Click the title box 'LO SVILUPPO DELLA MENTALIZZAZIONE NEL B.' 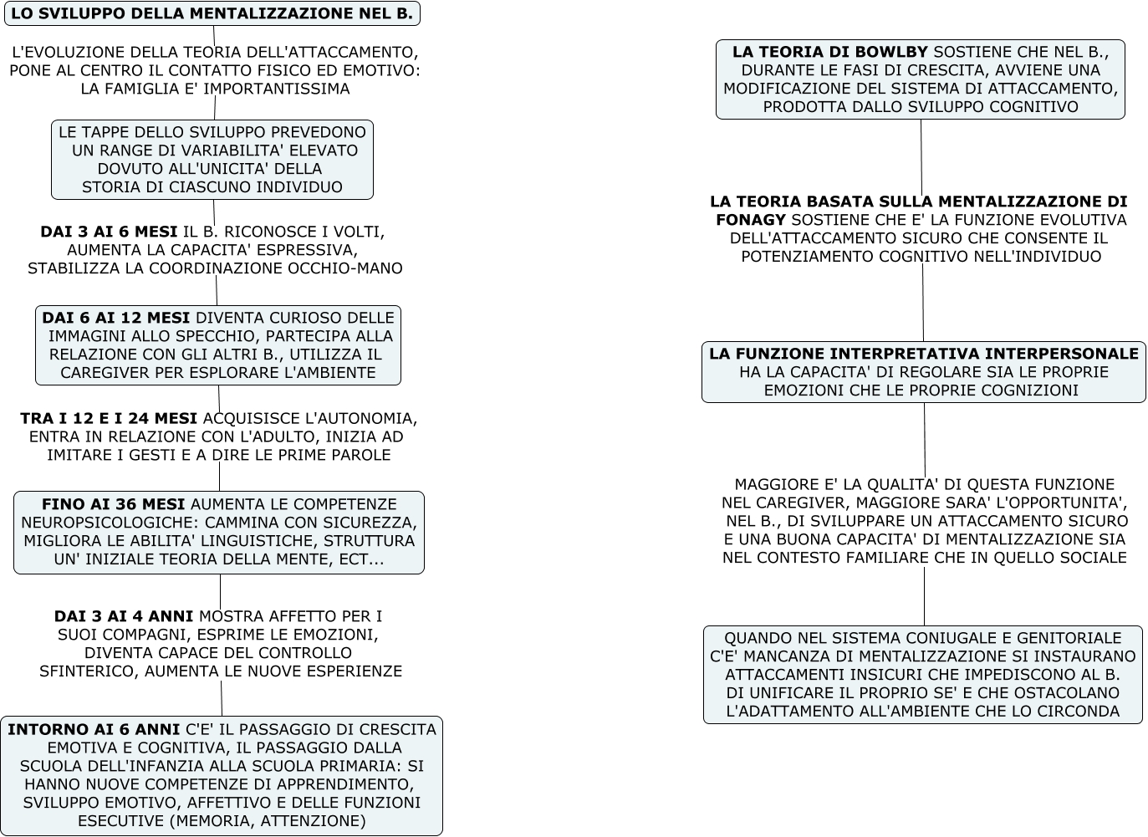click(x=212, y=13)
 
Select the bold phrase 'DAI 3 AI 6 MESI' click(x=109, y=232)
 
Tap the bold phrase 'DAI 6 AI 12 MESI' click(x=115, y=318)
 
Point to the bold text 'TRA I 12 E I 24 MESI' click(x=109, y=418)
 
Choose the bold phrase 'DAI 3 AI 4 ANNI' click(x=124, y=616)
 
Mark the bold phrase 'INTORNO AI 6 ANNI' click(x=94, y=729)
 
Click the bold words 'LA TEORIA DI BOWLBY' click(x=829, y=52)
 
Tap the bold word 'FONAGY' click(x=751, y=220)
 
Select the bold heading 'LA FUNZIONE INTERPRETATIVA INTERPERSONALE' click(x=923, y=354)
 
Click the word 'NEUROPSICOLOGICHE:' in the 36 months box click(x=102, y=523)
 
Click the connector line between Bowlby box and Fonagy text click(x=921, y=157)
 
